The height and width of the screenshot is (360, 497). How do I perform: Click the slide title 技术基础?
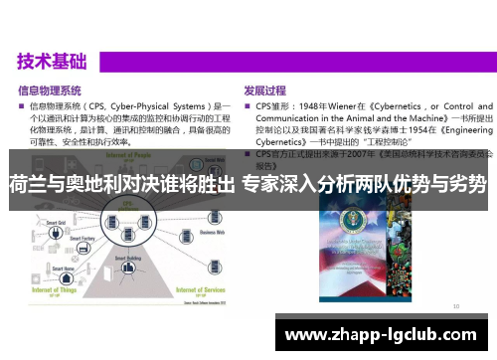click(x=51, y=61)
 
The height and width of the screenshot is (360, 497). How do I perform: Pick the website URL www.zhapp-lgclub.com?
click(x=387, y=332)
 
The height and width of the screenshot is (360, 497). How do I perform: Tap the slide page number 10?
click(x=455, y=307)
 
